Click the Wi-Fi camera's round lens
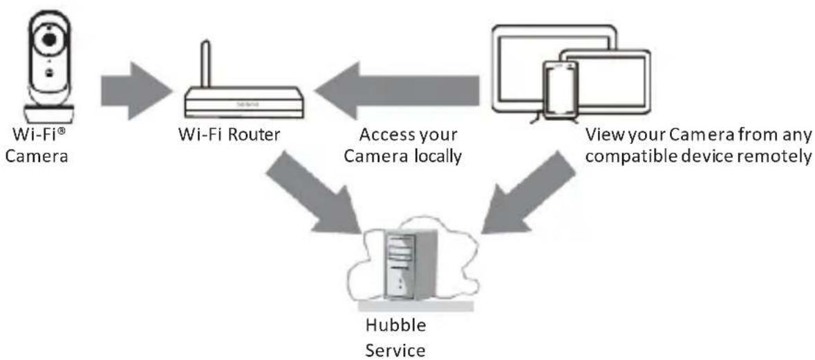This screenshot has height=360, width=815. pos(48,39)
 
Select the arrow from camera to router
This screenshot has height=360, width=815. pos(136,91)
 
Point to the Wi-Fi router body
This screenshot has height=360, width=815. pos(244,102)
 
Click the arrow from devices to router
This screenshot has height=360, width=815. pos(397,91)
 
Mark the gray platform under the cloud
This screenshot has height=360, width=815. pos(416,307)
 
